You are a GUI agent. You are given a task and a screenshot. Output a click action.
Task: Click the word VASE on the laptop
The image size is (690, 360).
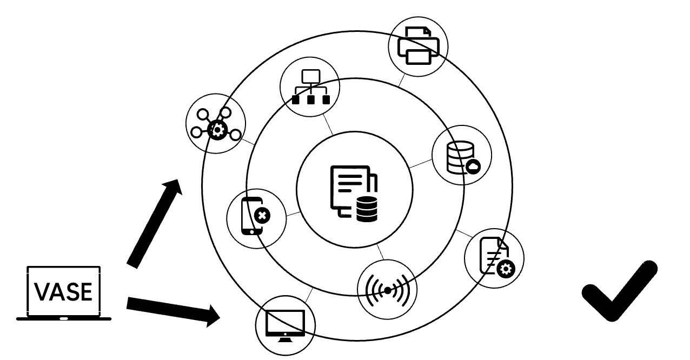click(63, 292)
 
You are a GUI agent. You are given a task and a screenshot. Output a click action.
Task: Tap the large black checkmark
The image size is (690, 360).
click(619, 292)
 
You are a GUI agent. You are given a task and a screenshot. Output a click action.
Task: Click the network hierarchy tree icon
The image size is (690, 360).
click(310, 86)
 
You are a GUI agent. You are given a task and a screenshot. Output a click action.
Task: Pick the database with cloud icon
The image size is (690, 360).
click(461, 156)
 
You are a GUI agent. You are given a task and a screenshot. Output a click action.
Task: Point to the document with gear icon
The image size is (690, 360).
click(494, 256)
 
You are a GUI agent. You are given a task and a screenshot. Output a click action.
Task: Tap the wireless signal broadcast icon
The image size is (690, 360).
click(388, 290)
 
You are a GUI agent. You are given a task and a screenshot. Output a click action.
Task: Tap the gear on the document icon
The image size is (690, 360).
click(507, 267)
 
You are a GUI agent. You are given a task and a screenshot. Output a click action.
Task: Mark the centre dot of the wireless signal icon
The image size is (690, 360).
click(388, 291)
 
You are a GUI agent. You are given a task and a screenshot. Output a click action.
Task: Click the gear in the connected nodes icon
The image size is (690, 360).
click(217, 130)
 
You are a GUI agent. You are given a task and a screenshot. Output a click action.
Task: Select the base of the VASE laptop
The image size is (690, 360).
click(64, 318)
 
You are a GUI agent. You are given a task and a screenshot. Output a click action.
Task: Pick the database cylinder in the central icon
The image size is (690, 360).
click(367, 209)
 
